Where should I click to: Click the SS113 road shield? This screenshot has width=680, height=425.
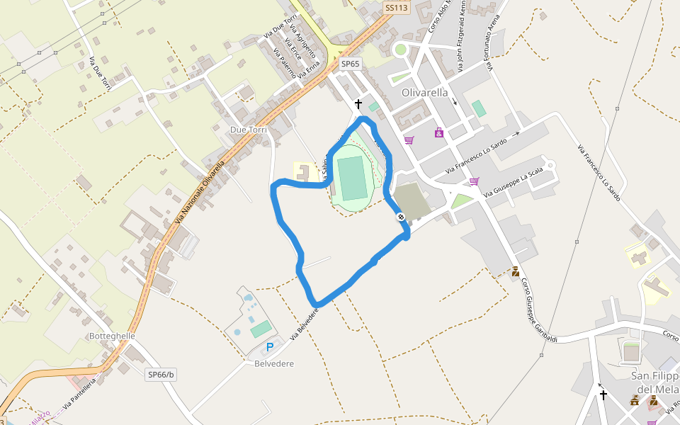pos(397,8)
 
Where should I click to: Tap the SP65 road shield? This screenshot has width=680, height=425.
pos(351,64)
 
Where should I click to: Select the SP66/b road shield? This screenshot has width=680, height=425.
pos(161,374)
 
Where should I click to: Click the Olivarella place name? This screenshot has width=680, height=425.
pos(424,93)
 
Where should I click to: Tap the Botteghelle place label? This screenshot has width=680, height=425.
pos(112,336)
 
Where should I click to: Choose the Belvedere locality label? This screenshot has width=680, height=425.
pos(273,363)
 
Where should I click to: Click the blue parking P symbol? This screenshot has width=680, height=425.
pos(270,347)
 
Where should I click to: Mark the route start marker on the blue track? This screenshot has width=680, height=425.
pos(401,217)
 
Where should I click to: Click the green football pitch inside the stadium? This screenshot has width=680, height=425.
pos(351,179)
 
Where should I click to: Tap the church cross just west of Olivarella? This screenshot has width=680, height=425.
pos(358,104)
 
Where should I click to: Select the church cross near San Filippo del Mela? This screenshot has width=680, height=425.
pos(603,395)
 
